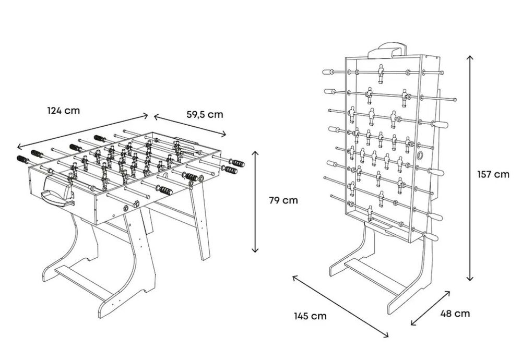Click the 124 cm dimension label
pos(64,111)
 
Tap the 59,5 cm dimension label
pos(205,114)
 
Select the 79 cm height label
pos(283,200)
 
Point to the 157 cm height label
pos(493,174)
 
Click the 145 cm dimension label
pos(310,316)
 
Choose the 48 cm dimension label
pos(455,314)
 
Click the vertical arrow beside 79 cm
pos(255,201)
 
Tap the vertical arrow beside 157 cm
pos(470,169)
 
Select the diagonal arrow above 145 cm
pos(340,306)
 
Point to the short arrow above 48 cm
pos(431,308)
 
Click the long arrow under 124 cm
pos(82,131)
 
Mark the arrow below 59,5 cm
pos(190,125)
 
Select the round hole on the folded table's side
pos(421,155)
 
